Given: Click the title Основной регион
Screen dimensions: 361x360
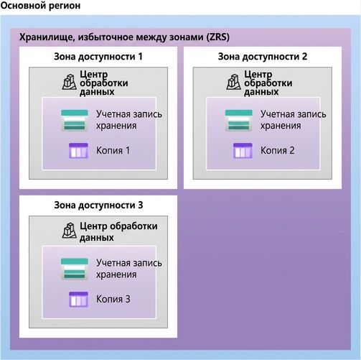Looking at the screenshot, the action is (x=40, y=6).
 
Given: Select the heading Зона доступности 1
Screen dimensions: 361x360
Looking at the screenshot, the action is (x=98, y=57).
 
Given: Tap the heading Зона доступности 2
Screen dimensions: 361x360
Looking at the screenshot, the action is (x=263, y=57).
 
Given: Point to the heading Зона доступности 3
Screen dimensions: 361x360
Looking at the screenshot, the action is (x=98, y=206).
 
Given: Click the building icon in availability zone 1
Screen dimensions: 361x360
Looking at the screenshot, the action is (x=70, y=82).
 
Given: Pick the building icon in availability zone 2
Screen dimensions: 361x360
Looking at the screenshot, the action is (x=234, y=82).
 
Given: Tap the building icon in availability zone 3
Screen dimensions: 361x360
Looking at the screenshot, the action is (x=70, y=231).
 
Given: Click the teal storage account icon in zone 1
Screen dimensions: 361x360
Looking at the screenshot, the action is (x=75, y=120).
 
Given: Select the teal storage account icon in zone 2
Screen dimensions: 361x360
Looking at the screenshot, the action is (x=239, y=120).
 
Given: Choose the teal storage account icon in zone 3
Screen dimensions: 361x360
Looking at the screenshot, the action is (x=75, y=269).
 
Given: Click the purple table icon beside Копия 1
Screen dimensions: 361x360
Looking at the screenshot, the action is (x=78, y=151).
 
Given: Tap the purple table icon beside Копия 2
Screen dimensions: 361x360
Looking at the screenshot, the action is (x=243, y=151).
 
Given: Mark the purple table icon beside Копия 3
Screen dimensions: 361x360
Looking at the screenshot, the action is (x=78, y=300).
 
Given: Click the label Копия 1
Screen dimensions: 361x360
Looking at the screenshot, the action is (x=113, y=151).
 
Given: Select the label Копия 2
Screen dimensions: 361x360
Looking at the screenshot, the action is (x=277, y=151).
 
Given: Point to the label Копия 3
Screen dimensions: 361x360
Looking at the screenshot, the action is (x=113, y=299).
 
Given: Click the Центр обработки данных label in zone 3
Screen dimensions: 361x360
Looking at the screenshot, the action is (x=118, y=231).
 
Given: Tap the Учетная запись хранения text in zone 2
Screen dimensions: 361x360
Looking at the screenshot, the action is (x=294, y=120).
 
